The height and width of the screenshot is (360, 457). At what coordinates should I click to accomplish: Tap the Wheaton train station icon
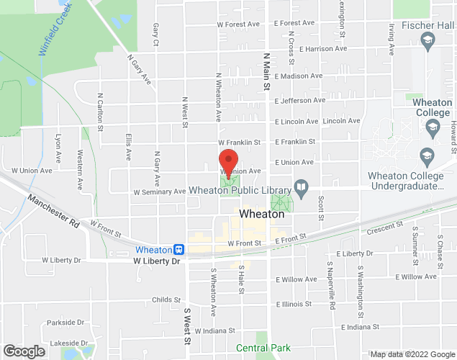(178, 250)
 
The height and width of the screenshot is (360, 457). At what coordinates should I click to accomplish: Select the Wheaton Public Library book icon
(302, 190)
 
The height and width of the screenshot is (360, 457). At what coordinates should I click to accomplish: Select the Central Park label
(263, 348)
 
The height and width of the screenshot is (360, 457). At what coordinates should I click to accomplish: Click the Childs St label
(166, 300)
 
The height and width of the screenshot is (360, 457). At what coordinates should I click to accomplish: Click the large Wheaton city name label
(261, 215)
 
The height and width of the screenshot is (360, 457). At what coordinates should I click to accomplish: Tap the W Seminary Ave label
(160, 192)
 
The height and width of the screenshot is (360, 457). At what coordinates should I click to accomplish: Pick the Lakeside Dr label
(65, 343)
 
